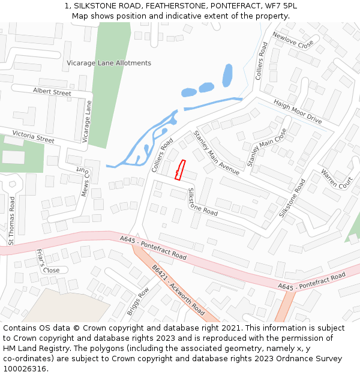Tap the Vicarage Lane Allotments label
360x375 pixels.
(109, 63)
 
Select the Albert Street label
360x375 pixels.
(52, 92)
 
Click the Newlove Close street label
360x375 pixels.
(293, 40)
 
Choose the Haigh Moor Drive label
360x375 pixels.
(298, 111)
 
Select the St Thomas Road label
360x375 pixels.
(11, 221)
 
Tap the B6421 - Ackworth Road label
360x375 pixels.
(178, 291)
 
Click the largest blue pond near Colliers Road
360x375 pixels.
(227, 76)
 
